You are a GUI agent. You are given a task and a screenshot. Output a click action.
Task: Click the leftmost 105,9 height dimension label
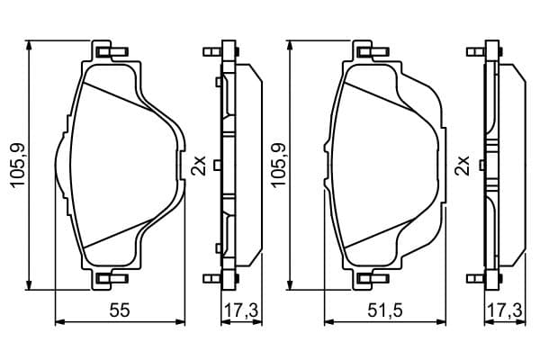point(18,166)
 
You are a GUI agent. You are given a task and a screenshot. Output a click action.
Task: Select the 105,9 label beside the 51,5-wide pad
point(279,166)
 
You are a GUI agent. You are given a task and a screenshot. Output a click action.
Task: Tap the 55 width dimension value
point(120,310)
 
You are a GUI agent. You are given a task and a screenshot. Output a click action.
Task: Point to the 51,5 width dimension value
point(385,310)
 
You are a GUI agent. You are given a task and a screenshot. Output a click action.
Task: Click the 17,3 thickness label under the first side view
point(241,310)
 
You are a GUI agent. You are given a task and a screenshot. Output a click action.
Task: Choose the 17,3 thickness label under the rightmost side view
point(506,310)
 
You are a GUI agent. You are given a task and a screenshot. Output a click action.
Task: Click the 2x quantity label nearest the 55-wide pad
point(199,166)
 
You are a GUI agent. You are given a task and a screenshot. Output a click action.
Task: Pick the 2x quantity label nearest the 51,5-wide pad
point(463,166)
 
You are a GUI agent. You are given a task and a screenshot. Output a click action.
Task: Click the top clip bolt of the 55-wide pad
point(113,52)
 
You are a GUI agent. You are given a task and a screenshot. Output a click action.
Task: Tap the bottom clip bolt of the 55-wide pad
point(113,278)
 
